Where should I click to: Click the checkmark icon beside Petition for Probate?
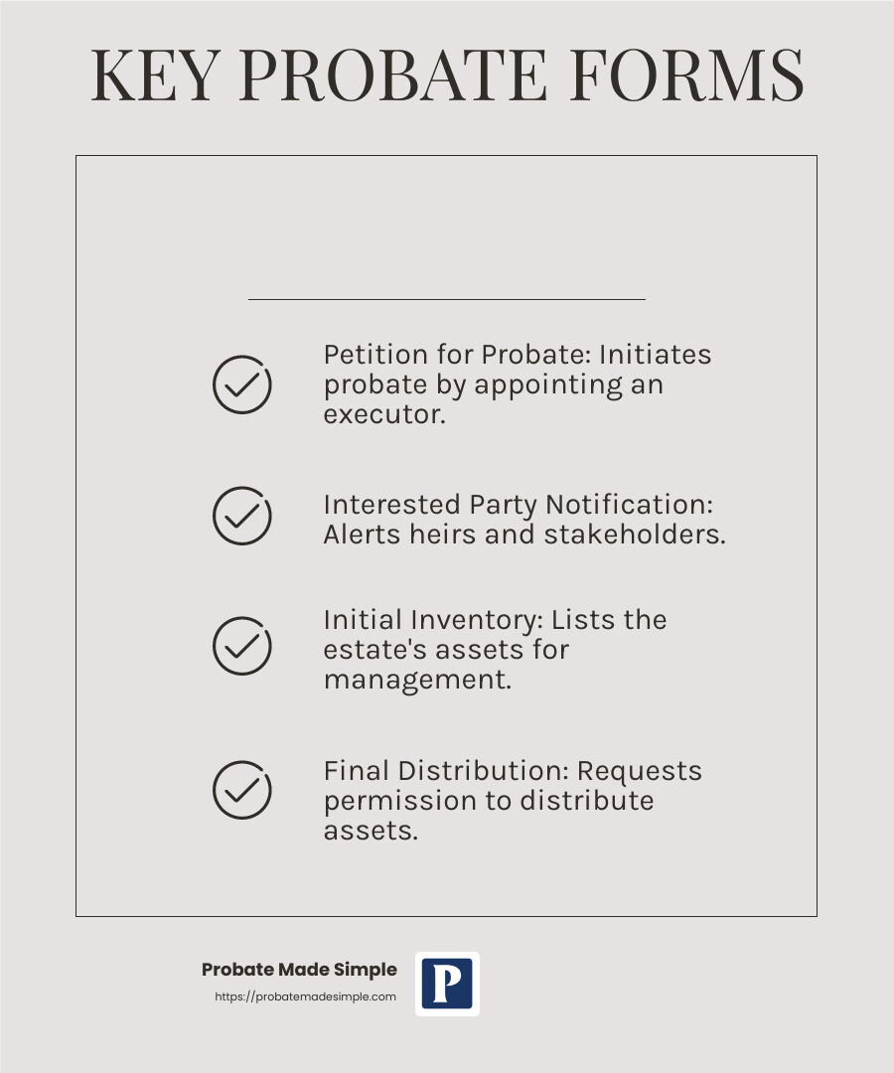pyautogui.click(x=242, y=384)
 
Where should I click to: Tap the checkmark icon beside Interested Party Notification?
pyautogui.click(x=242, y=516)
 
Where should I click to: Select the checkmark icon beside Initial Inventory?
pyautogui.click(x=242, y=646)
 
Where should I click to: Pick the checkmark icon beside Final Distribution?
pyautogui.click(x=242, y=790)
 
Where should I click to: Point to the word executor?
pyautogui.click(x=383, y=414)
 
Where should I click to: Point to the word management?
pyautogui.click(x=417, y=682)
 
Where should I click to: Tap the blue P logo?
pyautogui.click(x=447, y=984)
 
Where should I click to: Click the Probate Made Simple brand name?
pyautogui.click(x=299, y=970)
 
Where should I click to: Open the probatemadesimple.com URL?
pyautogui.click(x=306, y=996)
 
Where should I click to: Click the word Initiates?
pyautogui.click(x=655, y=356)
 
